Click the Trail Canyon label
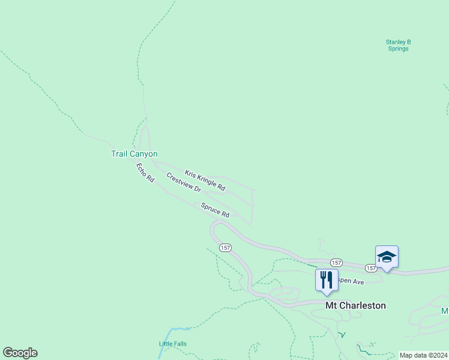tap(134, 154)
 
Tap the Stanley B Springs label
tap(398, 45)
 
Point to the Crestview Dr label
tap(183, 182)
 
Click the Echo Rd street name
tap(145, 173)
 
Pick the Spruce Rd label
tap(215, 210)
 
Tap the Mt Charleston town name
tap(355, 305)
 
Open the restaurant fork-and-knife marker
tap(327, 280)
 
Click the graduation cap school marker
tap(387, 257)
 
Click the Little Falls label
tap(172, 344)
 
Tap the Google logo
tap(20, 353)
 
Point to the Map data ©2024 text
tap(423, 355)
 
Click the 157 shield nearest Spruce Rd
tap(225, 248)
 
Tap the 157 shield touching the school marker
tap(371, 268)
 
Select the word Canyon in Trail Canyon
tap(144, 154)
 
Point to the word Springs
tap(398, 49)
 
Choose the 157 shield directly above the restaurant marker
tap(336, 263)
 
